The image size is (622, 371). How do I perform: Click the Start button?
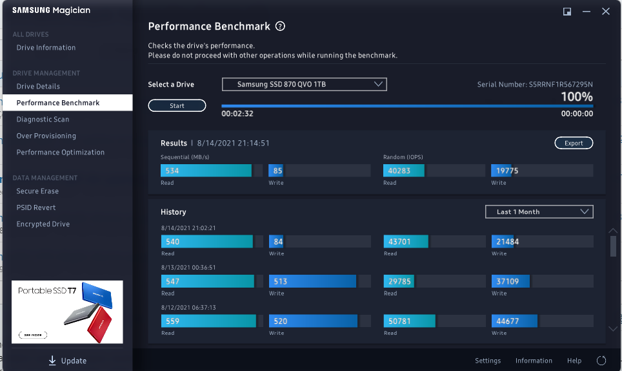(x=177, y=105)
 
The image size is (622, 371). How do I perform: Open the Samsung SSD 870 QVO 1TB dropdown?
(x=304, y=85)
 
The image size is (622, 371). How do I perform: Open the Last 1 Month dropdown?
(x=539, y=211)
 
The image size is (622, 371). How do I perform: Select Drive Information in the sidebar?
(x=46, y=48)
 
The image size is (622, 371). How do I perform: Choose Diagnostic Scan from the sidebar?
(x=43, y=120)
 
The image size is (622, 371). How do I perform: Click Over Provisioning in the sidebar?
(x=46, y=136)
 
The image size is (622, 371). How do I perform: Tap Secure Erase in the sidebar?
(x=37, y=191)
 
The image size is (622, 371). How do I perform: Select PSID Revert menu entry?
(x=36, y=207)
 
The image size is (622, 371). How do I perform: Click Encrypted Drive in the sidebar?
(x=43, y=224)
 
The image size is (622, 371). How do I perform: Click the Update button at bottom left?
(x=67, y=361)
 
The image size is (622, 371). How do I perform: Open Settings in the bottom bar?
(x=488, y=361)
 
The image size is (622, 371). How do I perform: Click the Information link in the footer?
(x=534, y=361)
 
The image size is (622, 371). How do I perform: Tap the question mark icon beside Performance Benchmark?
(x=280, y=26)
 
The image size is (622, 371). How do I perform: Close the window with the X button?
(x=606, y=11)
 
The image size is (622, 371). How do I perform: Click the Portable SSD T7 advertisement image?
(x=67, y=312)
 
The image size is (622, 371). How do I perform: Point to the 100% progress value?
(x=576, y=97)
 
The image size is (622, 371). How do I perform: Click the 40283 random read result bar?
(x=404, y=171)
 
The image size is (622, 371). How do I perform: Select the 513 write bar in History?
(x=312, y=281)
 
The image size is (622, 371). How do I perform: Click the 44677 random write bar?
(x=514, y=321)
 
